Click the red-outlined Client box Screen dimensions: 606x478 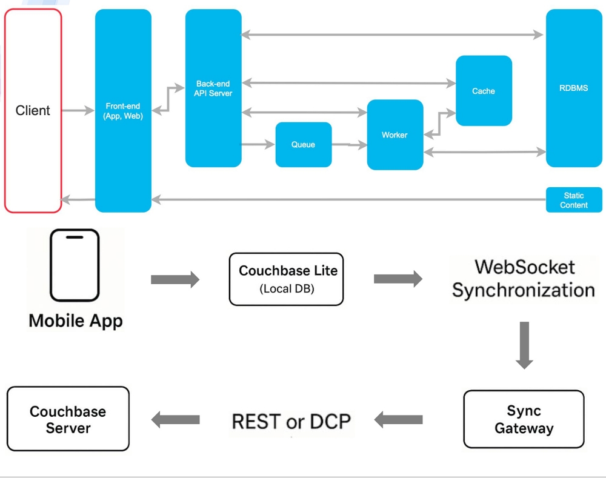[33, 110]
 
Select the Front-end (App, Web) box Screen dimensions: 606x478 [123, 110]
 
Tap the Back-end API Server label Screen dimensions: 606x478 [213, 88]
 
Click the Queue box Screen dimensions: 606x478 [304, 145]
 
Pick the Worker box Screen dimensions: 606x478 [395, 135]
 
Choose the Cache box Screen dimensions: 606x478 [484, 91]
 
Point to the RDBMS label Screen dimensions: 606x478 [573, 88]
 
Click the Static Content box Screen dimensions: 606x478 [574, 200]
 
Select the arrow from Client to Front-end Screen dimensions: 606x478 [78, 110]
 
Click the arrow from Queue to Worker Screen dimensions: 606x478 [350, 145]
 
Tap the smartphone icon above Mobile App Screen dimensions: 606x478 [75, 265]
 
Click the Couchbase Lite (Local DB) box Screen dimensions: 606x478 [287, 279]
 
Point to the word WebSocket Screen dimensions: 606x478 [524, 267]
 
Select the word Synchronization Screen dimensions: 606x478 [524, 290]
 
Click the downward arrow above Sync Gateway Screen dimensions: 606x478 [524, 345]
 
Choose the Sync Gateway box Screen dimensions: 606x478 [524, 419]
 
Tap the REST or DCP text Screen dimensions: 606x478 [291, 421]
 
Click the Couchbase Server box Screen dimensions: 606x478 [68, 419]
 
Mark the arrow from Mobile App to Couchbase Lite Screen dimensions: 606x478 [175, 279]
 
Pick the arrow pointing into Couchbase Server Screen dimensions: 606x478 [175, 420]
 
